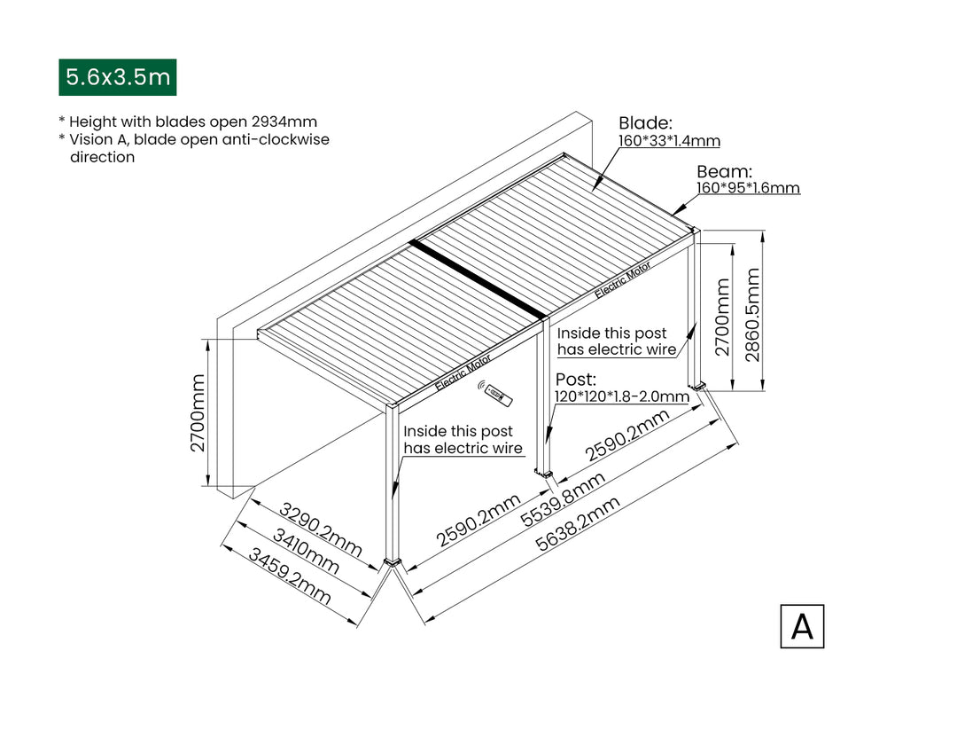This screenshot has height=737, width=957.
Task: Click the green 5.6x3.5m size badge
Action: (x=117, y=77)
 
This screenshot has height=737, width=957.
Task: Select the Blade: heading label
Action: (x=645, y=123)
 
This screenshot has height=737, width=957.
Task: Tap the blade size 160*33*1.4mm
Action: (x=669, y=141)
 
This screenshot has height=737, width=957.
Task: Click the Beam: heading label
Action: (x=724, y=171)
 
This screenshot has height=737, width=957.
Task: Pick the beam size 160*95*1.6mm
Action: (x=748, y=188)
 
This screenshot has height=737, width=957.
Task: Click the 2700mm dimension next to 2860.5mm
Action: (x=723, y=317)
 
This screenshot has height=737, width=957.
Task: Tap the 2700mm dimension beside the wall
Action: (x=198, y=412)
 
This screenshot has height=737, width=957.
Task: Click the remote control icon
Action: (x=495, y=395)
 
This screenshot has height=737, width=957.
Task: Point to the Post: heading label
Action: (x=576, y=380)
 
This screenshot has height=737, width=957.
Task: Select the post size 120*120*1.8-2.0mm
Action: (x=622, y=396)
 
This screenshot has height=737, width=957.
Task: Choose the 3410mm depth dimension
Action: (x=305, y=551)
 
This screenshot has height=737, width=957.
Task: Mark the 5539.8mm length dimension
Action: (x=563, y=499)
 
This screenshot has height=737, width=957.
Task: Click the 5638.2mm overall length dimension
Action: (x=577, y=527)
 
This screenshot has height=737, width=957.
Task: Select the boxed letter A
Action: (x=802, y=626)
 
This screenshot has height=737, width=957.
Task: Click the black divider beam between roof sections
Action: (x=478, y=278)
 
